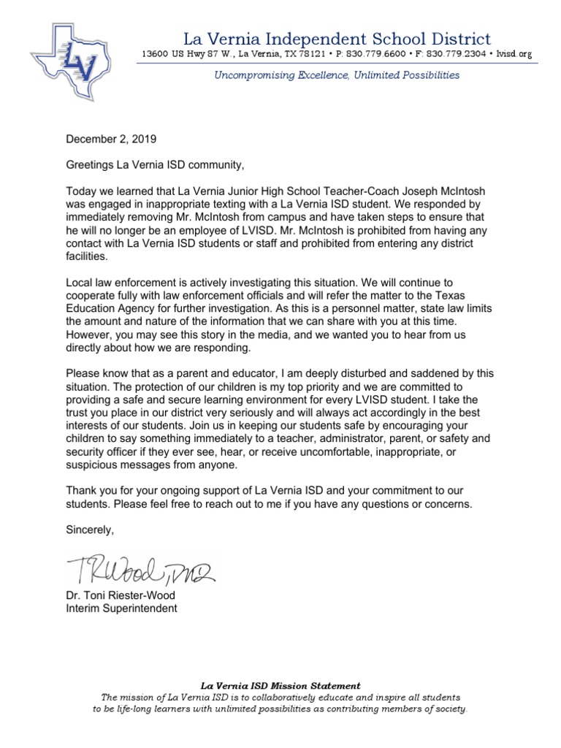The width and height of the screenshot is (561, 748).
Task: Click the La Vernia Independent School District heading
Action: [337, 39]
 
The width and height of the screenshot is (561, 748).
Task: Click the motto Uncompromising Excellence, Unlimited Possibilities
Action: [337, 75]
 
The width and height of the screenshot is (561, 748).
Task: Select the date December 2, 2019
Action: [111, 138]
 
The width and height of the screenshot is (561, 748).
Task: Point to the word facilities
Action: [86, 258]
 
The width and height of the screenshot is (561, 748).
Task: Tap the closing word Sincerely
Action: [91, 529]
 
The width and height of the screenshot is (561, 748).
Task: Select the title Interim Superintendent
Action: [121, 608]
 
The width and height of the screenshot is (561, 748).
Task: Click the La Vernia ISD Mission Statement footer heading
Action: [280, 686]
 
